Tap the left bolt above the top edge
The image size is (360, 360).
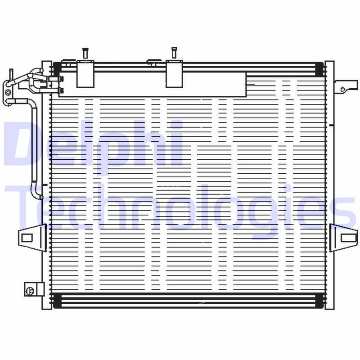click(x=84, y=53)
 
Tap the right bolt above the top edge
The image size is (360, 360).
click(x=173, y=53)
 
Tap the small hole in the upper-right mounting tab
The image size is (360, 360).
click(x=343, y=89)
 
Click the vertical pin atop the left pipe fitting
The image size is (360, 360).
click(x=11, y=74)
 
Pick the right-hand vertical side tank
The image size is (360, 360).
click(x=330, y=184)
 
